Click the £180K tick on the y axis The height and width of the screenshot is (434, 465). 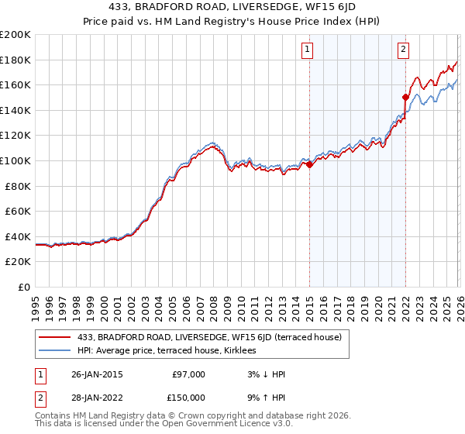coord(15,60)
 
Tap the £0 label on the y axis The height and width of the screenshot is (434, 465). coord(25,287)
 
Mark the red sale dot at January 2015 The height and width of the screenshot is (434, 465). coord(309,164)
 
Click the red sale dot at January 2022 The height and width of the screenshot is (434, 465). coord(405,97)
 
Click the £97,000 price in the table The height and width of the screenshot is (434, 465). coord(188,374)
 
